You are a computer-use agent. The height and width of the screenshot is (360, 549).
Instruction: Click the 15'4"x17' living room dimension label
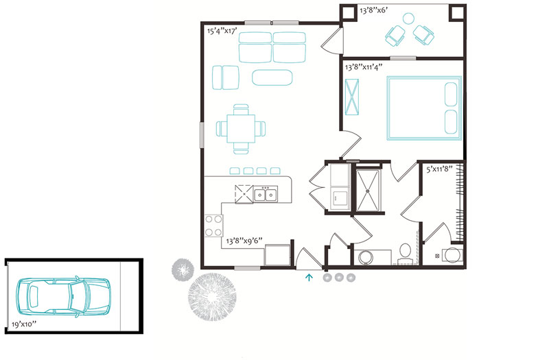(222, 31)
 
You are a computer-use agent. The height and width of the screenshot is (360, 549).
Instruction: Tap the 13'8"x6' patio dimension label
(373, 10)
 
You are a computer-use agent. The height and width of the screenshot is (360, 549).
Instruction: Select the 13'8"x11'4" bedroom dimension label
(364, 67)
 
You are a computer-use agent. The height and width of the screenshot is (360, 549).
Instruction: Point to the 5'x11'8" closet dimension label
(439, 169)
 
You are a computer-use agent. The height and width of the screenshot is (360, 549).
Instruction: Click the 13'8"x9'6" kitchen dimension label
(244, 241)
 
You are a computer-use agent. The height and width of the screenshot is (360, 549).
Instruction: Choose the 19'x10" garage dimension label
(24, 324)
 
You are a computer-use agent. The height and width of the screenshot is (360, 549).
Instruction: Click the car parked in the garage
(63, 296)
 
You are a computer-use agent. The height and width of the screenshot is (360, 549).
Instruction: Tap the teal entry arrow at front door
(309, 278)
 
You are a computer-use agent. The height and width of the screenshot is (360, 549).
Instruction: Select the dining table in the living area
(241, 129)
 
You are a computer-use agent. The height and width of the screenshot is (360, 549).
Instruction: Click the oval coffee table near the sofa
(272, 77)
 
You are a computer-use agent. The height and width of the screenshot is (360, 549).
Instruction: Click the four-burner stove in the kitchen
(213, 226)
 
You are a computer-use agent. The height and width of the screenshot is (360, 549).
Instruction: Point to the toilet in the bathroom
(405, 253)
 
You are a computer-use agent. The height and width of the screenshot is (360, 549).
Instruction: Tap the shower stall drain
(368, 191)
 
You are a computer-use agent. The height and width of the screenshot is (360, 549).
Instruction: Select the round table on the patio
(408, 19)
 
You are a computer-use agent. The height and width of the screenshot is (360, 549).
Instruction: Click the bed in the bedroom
(424, 108)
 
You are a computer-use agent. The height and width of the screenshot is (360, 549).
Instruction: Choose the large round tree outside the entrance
(212, 297)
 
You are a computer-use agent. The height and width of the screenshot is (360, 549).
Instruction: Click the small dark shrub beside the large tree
(183, 269)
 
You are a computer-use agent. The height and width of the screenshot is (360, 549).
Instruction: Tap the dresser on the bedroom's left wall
(352, 97)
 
